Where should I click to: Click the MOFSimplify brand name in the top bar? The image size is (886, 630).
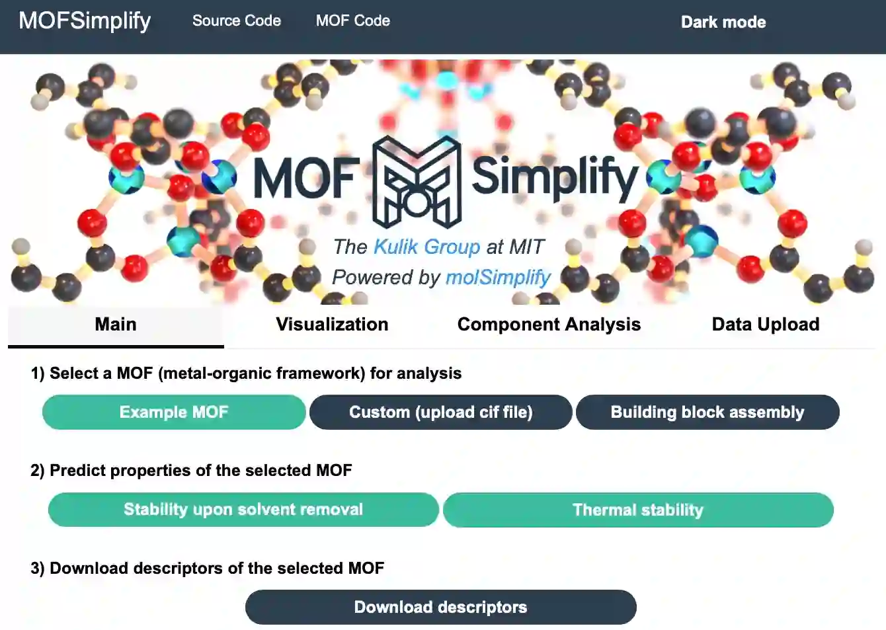(85, 20)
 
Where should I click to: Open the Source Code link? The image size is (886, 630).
(236, 20)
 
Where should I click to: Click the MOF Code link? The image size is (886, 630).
(352, 20)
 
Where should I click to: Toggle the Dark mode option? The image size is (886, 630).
(723, 22)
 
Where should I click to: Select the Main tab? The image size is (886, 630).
(116, 325)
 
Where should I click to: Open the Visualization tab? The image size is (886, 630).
(332, 325)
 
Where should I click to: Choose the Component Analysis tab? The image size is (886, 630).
(549, 325)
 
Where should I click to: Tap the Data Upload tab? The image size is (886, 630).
(765, 325)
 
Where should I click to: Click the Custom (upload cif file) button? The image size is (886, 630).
(440, 413)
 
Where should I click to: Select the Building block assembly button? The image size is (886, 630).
(707, 413)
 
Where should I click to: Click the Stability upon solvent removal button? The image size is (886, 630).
(243, 510)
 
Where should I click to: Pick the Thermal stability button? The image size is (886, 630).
(637, 510)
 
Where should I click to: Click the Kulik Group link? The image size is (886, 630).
(426, 247)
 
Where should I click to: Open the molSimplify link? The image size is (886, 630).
(498, 278)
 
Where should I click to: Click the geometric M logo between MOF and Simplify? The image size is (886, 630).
(416, 182)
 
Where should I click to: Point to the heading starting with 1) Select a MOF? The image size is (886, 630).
(246, 374)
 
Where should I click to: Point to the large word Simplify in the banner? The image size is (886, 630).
(554, 177)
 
